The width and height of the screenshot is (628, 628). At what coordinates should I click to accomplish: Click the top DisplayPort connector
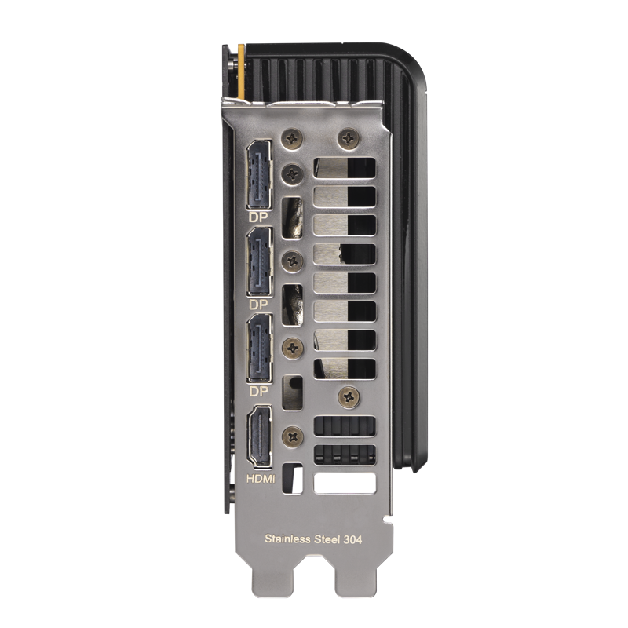(260, 174)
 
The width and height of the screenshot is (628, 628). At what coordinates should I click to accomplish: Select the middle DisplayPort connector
(260, 262)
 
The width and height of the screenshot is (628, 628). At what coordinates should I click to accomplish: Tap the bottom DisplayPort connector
(260, 348)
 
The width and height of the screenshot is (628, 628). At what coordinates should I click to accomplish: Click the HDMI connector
(260, 436)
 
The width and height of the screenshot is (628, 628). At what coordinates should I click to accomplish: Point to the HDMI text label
(261, 479)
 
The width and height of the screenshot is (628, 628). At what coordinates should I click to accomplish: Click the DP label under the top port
(258, 217)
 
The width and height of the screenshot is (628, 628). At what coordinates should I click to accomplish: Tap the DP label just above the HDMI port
(258, 391)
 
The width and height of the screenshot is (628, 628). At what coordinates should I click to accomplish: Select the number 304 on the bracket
(352, 539)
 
